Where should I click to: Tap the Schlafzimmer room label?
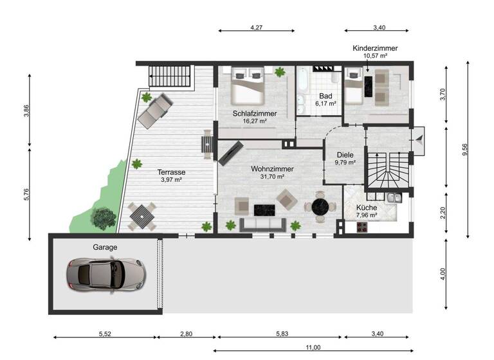(255, 113)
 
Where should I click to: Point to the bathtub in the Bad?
(302, 90)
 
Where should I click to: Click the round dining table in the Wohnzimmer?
(320, 206)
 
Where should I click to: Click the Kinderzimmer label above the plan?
(375, 48)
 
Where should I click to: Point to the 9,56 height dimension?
(464, 150)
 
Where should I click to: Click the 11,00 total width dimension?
(313, 347)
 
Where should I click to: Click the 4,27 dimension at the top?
(256, 27)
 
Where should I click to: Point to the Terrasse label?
(171, 172)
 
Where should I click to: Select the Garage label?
(104, 246)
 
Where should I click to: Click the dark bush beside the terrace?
(102, 218)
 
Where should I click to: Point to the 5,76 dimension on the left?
(27, 193)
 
